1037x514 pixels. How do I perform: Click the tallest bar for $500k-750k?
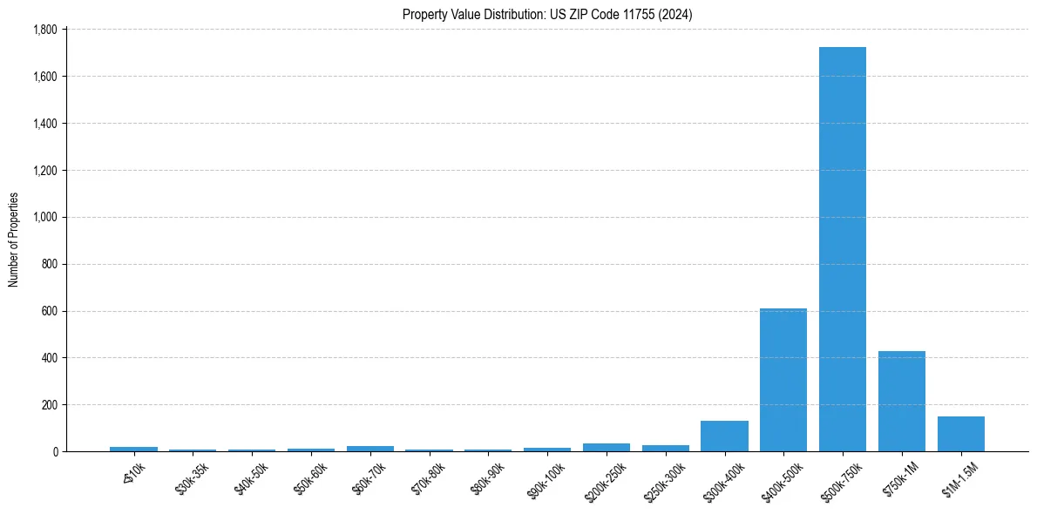[x=843, y=249]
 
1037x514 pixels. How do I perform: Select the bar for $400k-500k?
[x=783, y=380]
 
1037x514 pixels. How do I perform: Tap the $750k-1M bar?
[x=902, y=402]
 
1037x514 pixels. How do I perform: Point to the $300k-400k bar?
[x=724, y=436]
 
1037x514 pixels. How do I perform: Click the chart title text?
[x=547, y=14]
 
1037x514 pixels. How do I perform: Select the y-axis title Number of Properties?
[x=14, y=240]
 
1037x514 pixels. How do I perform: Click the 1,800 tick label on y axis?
[x=44, y=30]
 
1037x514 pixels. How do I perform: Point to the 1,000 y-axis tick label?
[x=44, y=217]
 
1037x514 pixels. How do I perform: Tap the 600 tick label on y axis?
[x=49, y=311]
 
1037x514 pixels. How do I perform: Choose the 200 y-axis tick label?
[x=49, y=405]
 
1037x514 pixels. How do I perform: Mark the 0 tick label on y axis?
[x=54, y=452]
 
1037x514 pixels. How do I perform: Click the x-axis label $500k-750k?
[x=839, y=477]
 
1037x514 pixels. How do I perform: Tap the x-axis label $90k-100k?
[x=545, y=477]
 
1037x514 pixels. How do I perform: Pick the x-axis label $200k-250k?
[x=603, y=477]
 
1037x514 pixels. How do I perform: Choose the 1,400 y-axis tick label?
[x=44, y=124]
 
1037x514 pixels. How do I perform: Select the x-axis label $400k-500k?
[x=780, y=477]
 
